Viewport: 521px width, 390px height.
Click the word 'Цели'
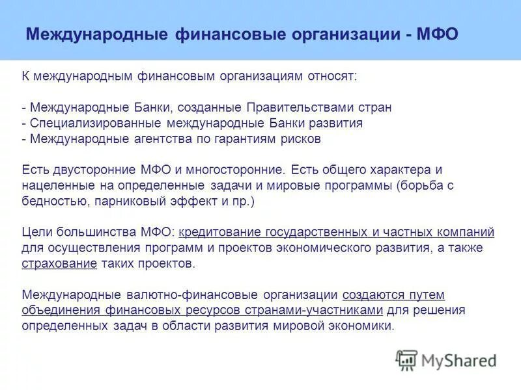click(35, 233)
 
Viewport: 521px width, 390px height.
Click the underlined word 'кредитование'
click(219, 233)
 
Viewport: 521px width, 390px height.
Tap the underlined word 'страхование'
click(59, 264)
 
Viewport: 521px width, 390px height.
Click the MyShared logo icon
click(406, 360)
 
